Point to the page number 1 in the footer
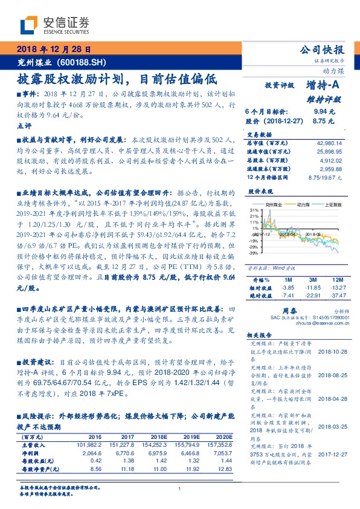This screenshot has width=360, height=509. tap(180, 489)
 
